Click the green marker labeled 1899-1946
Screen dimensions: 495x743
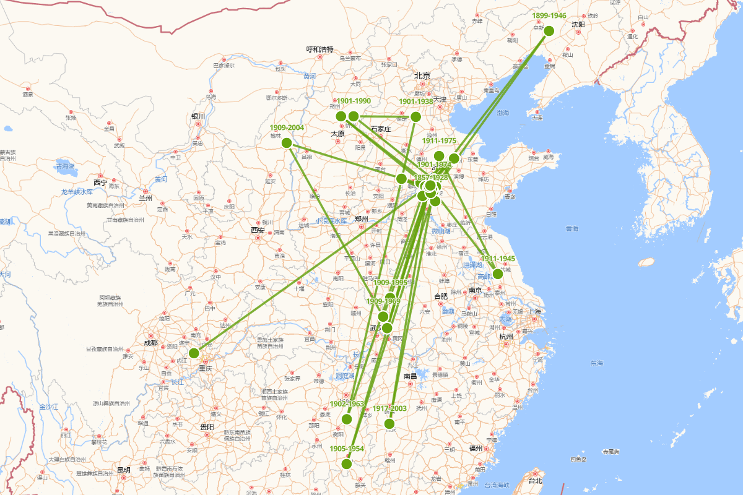pos(549,31)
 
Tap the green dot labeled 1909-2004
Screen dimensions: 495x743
pos(287,143)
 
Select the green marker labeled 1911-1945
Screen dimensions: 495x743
pos(498,273)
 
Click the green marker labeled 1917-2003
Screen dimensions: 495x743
pos(389,424)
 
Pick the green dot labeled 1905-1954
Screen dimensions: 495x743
pos(347,464)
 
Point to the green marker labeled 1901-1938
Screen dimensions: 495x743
pos(416,116)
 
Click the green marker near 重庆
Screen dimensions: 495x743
pos(194,353)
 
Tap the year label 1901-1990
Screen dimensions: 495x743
pos(354,101)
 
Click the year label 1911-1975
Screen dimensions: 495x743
pos(439,141)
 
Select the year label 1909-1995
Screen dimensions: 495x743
pos(390,283)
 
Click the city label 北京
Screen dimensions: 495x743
pos(422,75)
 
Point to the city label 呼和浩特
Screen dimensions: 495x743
pos(320,49)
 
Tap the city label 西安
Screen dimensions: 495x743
pos(258,230)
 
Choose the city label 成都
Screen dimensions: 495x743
pos(150,343)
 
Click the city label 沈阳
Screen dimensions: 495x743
pos(578,25)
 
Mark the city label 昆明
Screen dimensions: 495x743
pos(123,470)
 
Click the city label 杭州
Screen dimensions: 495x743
pos(506,337)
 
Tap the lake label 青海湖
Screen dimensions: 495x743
pos(65,166)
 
